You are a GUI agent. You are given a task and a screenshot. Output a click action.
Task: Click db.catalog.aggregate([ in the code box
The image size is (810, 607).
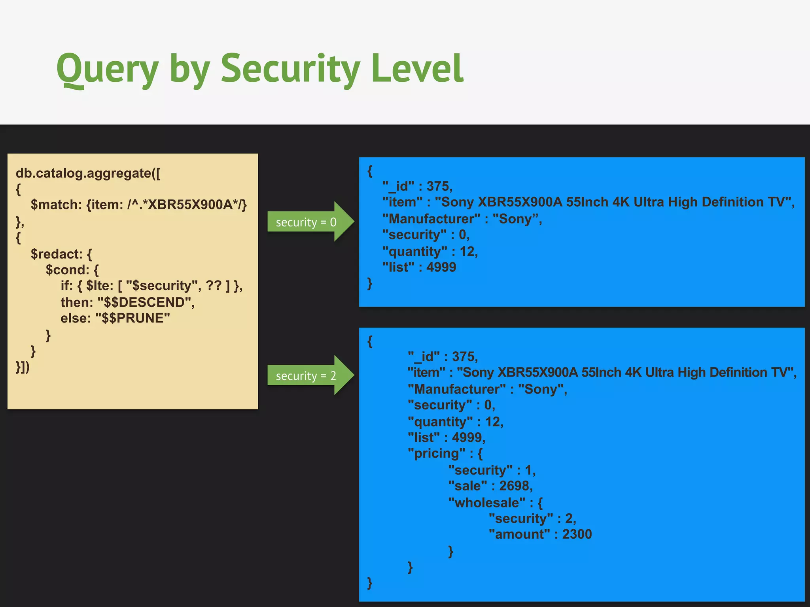(88, 173)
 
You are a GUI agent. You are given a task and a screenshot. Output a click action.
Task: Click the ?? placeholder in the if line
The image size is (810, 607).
(214, 286)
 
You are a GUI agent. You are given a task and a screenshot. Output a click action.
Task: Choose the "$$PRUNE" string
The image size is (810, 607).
(133, 318)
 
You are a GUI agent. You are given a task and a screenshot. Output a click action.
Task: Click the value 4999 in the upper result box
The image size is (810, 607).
(441, 268)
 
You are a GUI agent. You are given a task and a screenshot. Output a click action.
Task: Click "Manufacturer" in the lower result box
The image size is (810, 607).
(456, 389)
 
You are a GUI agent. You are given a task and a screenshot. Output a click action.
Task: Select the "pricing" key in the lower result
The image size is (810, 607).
(436, 453)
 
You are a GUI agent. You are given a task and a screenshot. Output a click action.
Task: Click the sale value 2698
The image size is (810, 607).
(515, 486)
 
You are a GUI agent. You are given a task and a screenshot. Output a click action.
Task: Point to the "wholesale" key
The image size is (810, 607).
(487, 503)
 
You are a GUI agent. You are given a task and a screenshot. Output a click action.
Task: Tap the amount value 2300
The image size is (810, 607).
(577, 534)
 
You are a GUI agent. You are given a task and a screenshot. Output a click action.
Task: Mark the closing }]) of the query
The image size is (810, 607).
(23, 367)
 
